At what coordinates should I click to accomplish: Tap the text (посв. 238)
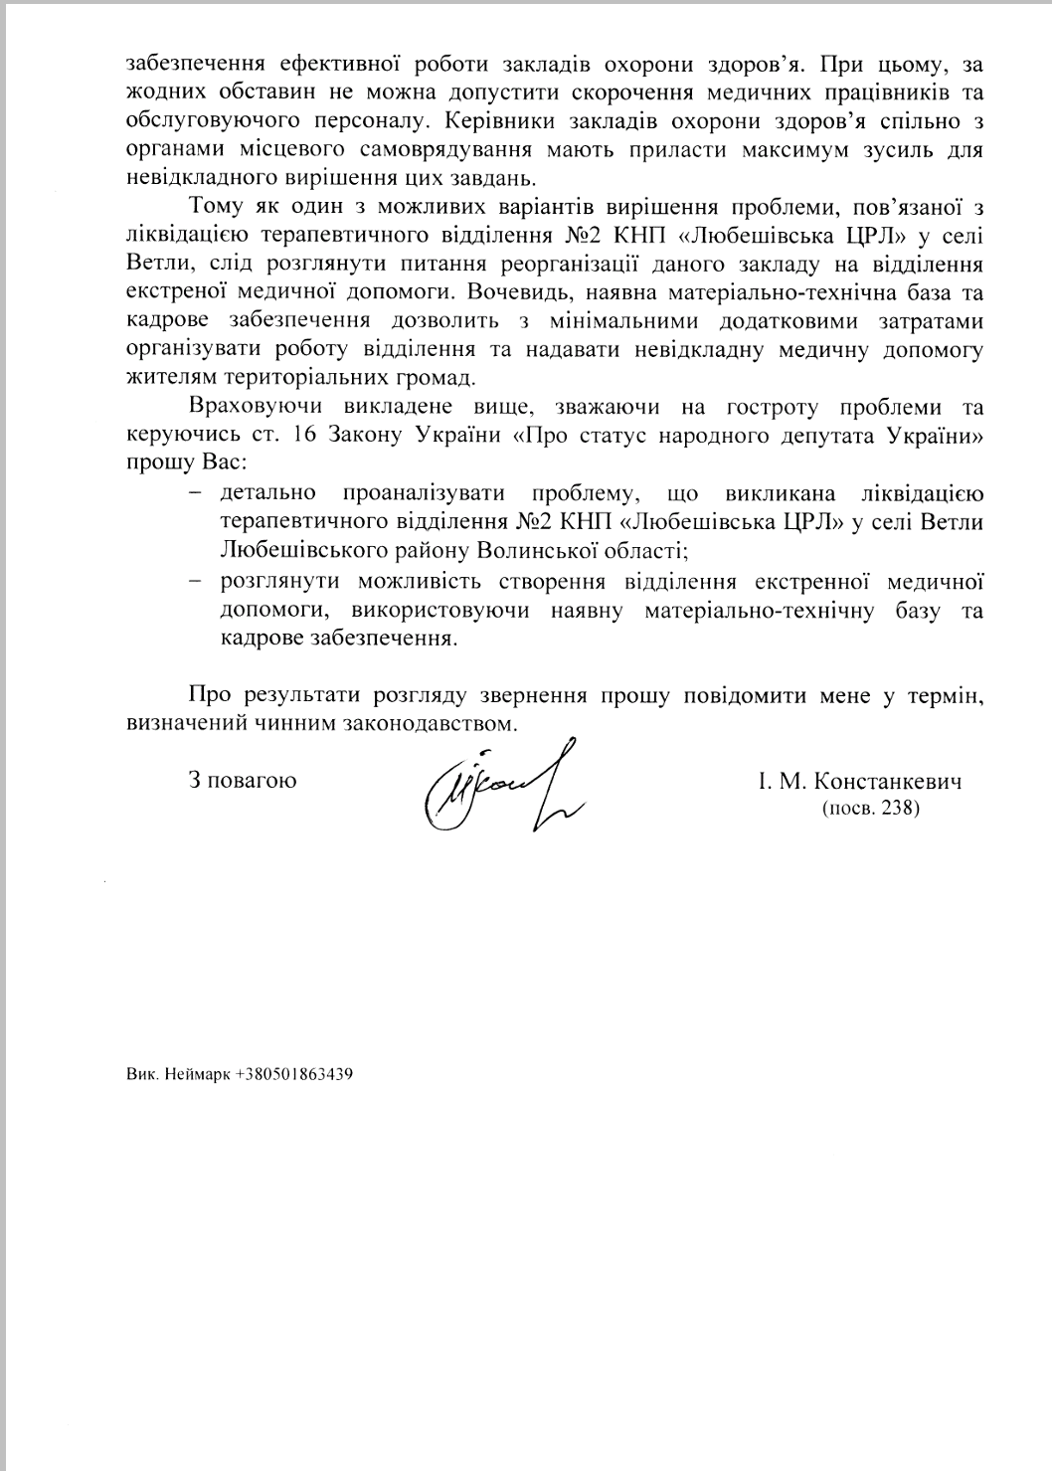(x=870, y=809)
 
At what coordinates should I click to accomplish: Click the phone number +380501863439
(x=295, y=1074)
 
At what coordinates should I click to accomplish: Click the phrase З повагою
(x=242, y=781)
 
